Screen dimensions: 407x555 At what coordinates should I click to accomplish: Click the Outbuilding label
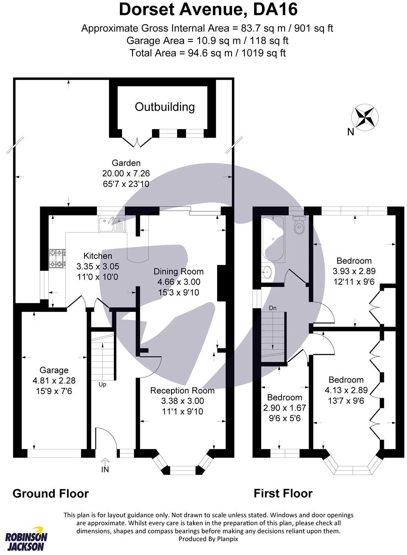coord(164,107)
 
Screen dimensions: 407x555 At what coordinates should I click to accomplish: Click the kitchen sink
coord(112,224)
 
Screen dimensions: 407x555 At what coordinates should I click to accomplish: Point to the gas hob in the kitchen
coord(58,258)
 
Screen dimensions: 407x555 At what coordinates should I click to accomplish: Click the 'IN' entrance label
coord(105,469)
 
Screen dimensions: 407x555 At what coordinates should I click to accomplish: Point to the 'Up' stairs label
coord(102,384)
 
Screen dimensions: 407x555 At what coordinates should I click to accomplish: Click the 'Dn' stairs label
coord(273,308)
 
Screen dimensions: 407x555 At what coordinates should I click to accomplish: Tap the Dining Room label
coord(178,271)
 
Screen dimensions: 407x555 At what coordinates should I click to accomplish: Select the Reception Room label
coord(182,390)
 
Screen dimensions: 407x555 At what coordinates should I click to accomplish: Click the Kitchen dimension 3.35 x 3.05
coord(98,266)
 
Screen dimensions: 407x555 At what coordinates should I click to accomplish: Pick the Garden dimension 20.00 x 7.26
coord(126,173)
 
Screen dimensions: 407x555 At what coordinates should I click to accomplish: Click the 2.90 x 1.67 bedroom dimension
coord(285,407)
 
